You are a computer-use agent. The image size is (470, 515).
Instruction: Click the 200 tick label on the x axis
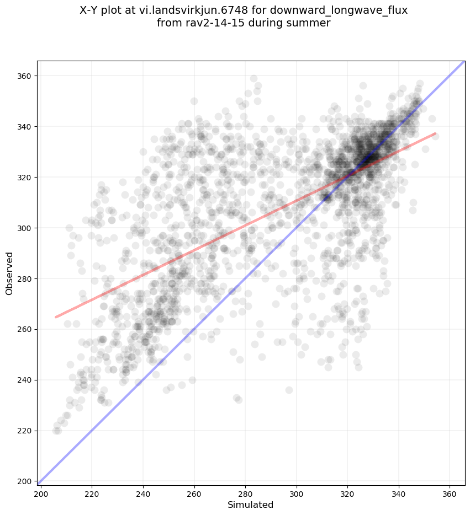pyautogui.click(x=41, y=492)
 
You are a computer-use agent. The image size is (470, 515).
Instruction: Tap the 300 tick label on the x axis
pyautogui.click(x=297, y=492)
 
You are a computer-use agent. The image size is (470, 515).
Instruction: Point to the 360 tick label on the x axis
pyautogui.click(x=450, y=492)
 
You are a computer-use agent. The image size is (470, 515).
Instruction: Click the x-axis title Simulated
pyautogui.click(x=251, y=505)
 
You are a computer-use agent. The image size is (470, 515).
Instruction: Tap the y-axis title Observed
pyautogui.click(x=9, y=273)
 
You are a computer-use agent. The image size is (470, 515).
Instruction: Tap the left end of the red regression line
pyautogui.click(x=55, y=317)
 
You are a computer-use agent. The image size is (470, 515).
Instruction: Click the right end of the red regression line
pyautogui.click(x=435, y=133)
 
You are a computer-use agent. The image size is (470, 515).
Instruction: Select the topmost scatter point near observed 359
pyautogui.click(x=254, y=78)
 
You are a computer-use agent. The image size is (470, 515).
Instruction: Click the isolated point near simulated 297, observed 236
pyautogui.click(x=289, y=390)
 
